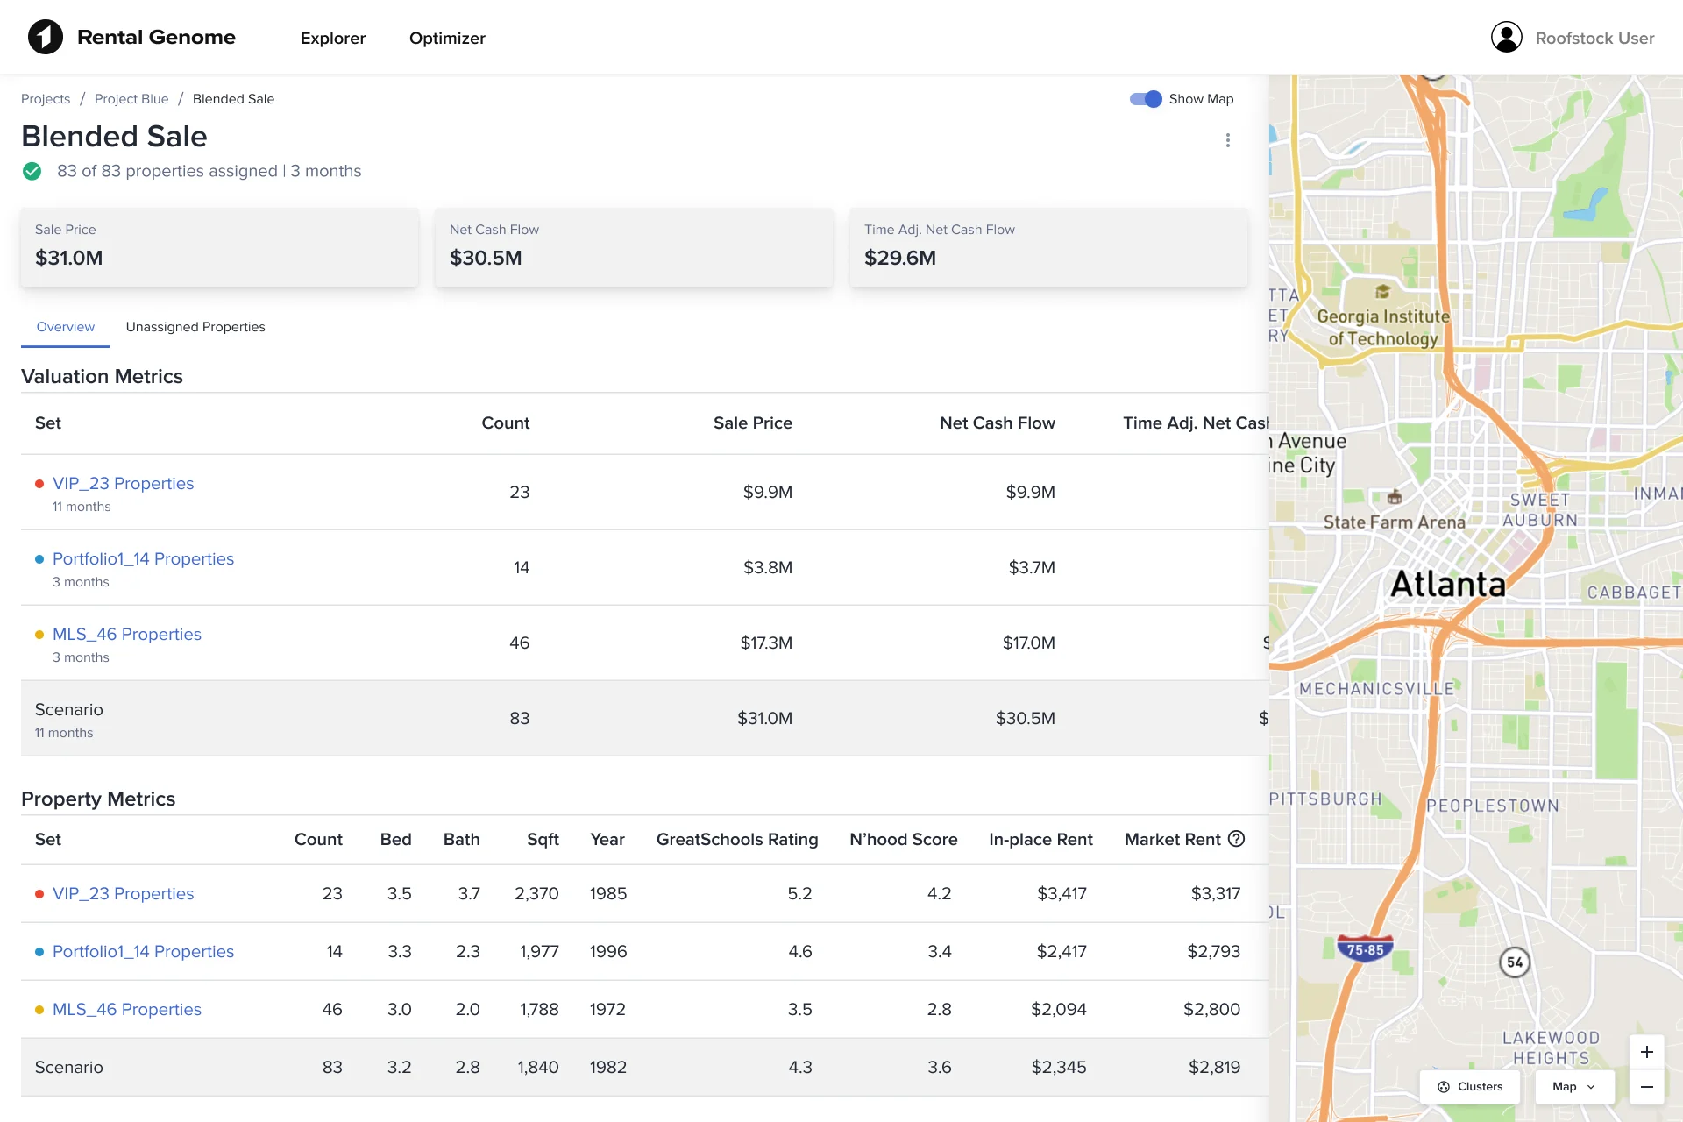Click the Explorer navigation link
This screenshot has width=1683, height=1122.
click(332, 39)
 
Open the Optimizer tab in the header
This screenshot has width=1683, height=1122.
click(447, 39)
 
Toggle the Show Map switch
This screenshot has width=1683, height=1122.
click(1146, 99)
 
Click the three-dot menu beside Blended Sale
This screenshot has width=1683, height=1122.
click(1227, 140)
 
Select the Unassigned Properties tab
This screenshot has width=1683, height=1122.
click(195, 327)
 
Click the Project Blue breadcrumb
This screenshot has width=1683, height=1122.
click(131, 99)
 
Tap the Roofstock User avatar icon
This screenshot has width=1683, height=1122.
click(1506, 38)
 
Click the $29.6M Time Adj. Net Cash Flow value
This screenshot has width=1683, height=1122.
click(899, 258)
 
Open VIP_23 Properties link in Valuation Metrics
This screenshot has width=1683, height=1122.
click(123, 484)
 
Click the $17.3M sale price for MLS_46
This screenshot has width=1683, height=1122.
click(765, 643)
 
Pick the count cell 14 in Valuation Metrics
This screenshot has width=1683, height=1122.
click(521, 567)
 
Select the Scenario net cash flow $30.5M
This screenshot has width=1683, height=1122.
click(1025, 718)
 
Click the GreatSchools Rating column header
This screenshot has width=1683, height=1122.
click(736, 839)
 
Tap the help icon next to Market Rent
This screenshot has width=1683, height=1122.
click(1236, 839)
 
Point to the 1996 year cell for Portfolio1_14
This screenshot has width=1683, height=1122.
click(607, 951)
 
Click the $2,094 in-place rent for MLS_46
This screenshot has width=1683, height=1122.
click(1058, 1009)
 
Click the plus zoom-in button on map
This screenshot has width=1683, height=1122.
click(1646, 1052)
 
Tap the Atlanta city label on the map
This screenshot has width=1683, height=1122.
click(1447, 584)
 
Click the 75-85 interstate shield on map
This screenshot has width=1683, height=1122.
click(1365, 949)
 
